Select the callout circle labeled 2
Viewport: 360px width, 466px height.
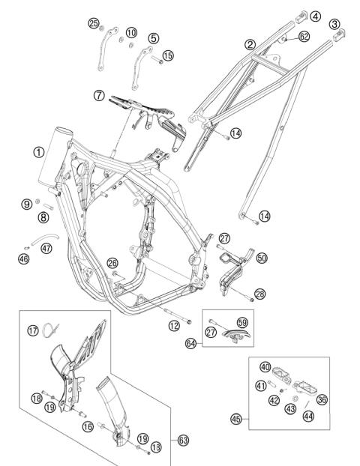click(250, 46)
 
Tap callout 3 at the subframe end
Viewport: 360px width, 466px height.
click(333, 25)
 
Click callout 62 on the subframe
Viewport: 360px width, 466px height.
click(304, 35)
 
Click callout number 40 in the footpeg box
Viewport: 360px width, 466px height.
click(265, 366)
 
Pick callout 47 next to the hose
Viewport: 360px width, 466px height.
click(46, 249)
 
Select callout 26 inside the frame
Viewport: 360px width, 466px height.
click(112, 263)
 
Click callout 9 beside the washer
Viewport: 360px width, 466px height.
click(26, 203)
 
